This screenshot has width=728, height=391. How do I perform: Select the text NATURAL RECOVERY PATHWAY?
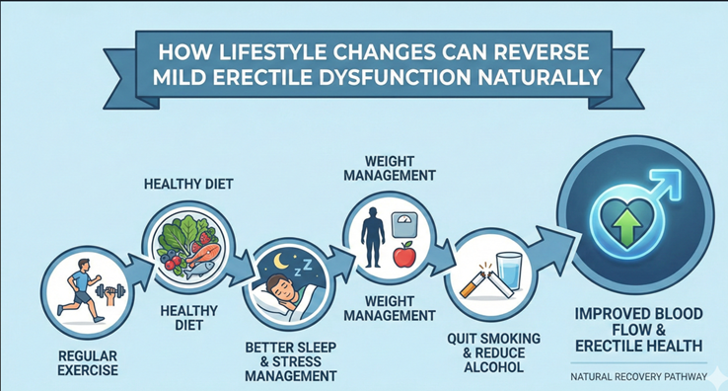[637, 376]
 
